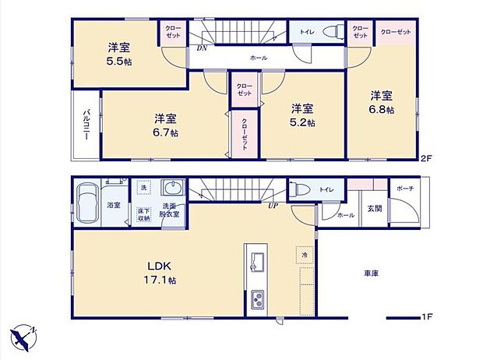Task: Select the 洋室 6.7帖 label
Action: (x=164, y=125)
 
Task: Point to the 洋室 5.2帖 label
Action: (x=303, y=115)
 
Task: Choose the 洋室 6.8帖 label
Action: (x=381, y=102)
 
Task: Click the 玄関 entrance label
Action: (x=374, y=209)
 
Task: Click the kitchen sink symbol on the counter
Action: (x=259, y=259)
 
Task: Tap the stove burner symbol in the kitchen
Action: (x=258, y=298)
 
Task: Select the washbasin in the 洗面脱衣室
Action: (x=171, y=187)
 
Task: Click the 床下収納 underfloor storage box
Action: (x=143, y=214)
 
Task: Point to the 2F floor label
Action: (x=425, y=158)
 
